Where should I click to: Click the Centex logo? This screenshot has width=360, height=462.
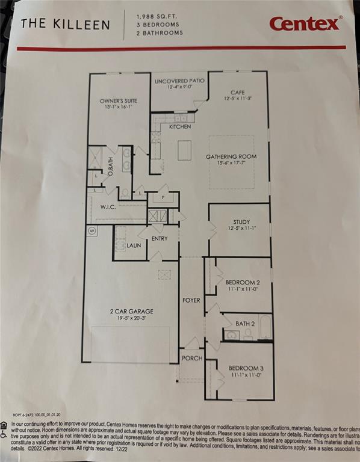pos(306,23)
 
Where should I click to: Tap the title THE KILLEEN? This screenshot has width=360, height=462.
pos(66,25)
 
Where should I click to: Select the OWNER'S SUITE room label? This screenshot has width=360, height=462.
pos(119,101)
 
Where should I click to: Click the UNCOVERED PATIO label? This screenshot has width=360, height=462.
pos(179,81)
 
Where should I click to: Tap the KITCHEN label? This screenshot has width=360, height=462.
pos(180,127)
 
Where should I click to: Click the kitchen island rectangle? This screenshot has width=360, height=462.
pos(184,150)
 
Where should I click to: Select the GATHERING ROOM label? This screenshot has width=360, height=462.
pos(232,156)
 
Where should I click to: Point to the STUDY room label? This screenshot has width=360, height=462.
pos(241,222)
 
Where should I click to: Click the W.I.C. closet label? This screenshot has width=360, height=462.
pos(109,207)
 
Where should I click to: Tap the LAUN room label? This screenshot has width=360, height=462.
pos(134,245)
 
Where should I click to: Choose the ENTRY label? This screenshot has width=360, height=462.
pos(160,239)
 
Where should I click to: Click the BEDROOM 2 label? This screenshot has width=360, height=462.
pos(243,282)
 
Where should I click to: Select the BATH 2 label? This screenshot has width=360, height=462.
pos(244,324)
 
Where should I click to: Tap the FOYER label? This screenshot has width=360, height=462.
pos(191,300)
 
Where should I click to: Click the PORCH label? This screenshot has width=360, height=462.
pos(192,359)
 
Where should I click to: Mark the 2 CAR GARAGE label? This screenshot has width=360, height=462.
pos(131,311)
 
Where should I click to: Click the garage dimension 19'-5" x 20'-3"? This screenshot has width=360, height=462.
pos(131,318)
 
